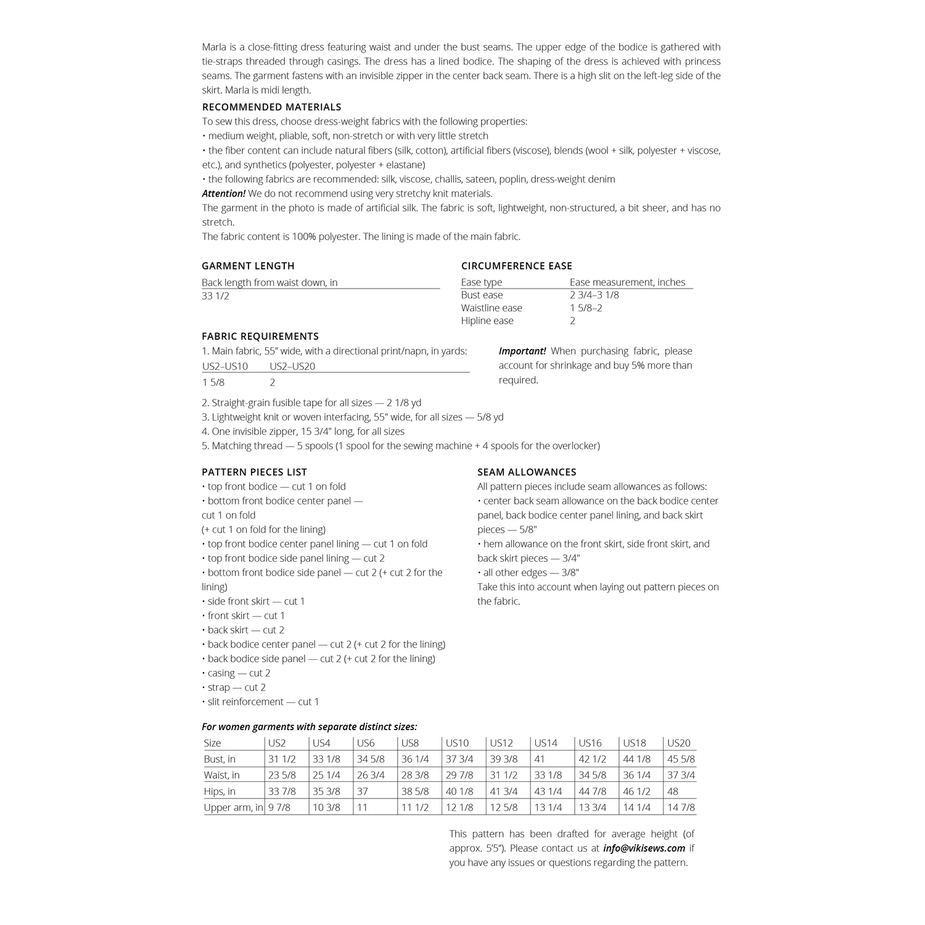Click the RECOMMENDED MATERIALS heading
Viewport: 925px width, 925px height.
(271, 107)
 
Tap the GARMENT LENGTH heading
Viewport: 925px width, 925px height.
(248, 266)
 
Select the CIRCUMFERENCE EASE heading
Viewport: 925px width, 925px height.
(517, 266)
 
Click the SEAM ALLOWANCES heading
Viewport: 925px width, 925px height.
(527, 472)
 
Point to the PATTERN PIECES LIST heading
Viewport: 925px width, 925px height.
(254, 472)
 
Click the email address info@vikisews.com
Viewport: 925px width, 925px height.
(644, 848)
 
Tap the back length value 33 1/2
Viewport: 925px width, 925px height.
(215, 296)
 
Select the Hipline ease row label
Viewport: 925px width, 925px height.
(487, 321)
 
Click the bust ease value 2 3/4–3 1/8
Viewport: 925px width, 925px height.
(594, 295)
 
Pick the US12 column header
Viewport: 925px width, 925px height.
(501, 743)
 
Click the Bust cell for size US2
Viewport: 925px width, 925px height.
(282, 759)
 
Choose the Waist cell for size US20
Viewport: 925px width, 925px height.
(681, 775)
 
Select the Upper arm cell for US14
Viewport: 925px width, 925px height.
(548, 807)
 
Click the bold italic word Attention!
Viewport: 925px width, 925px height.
(223, 194)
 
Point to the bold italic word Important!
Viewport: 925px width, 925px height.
(522, 351)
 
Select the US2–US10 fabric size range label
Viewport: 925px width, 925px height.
(225, 366)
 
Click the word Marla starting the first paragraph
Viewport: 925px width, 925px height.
(214, 47)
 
